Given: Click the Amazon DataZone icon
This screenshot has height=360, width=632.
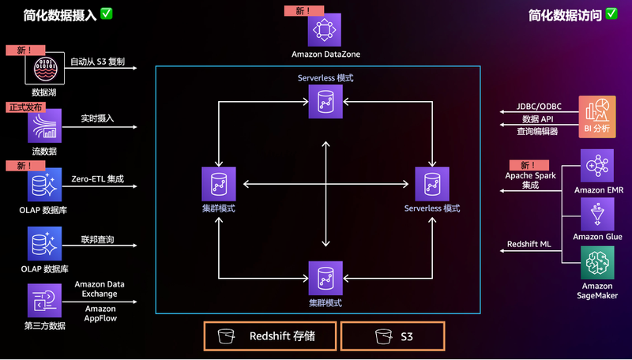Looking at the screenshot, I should [x=324, y=29].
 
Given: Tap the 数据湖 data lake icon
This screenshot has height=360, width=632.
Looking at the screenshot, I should [x=43, y=69].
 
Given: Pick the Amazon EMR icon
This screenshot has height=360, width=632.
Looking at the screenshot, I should [x=596, y=166].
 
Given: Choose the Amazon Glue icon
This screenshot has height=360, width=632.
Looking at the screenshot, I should [x=596, y=213].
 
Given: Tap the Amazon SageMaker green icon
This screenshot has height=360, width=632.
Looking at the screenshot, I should [x=596, y=262].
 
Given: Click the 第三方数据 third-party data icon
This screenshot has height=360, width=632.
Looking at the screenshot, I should [x=43, y=302].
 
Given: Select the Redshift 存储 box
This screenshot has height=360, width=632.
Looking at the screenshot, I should [x=269, y=336].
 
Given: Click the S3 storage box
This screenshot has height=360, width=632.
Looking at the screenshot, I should [x=393, y=336].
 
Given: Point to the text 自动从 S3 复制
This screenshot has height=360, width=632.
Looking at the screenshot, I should [x=97, y=61].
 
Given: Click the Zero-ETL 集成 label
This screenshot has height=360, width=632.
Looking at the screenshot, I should [x=97, y=179].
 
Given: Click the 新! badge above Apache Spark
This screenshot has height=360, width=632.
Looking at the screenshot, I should [x=529, y=164].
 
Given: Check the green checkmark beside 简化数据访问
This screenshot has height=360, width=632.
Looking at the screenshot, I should [x=611, y=13].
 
